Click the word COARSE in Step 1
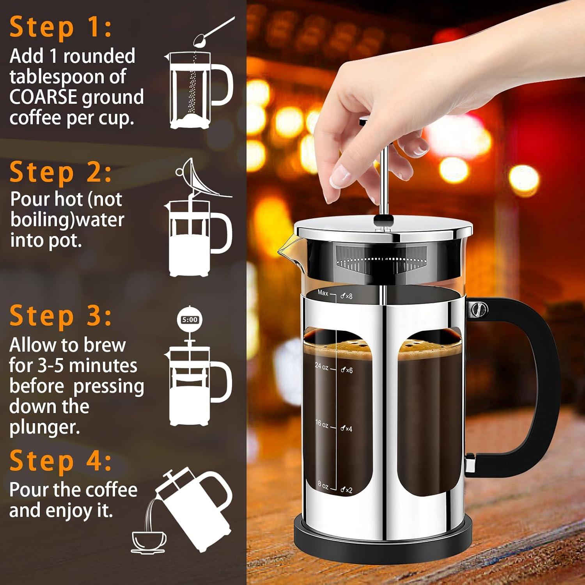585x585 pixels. pos(43,97)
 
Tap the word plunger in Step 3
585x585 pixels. pos(44,427)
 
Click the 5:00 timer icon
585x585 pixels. pos(190,320)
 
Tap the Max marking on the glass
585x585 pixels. pos(323,292)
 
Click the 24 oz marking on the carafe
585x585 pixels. pos(322,367)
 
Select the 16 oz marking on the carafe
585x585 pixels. pos(322,424)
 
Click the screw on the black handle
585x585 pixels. pos(478,310)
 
